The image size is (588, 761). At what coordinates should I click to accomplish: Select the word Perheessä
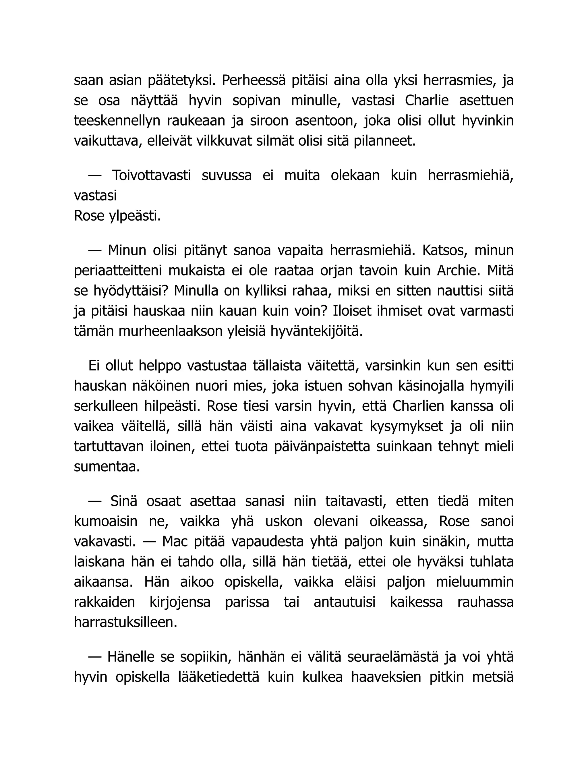click(x=253, y=80)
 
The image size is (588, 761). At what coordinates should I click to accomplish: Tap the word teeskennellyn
click(x=117, y=121)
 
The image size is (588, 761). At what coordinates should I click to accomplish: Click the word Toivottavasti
click(x=151, y=175)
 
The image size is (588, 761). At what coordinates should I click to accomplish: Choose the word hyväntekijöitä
click(x=317, y=331)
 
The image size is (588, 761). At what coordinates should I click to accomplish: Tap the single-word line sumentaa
click(x=107, y=467)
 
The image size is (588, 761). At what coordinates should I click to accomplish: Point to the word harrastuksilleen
click(x=126, y=622)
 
